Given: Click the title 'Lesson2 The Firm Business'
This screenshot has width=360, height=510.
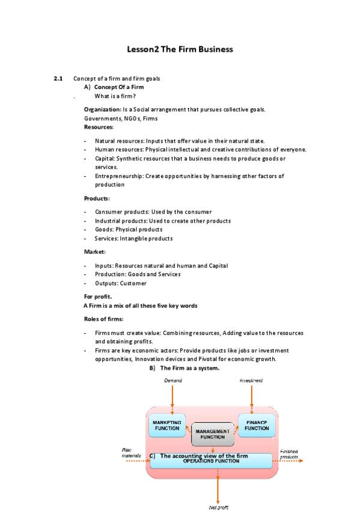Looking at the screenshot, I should (180, 49).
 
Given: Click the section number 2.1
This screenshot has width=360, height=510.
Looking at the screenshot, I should (58, 79).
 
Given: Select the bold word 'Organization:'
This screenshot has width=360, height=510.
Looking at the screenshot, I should (102, 109).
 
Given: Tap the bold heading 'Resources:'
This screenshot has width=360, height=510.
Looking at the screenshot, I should (99, 127).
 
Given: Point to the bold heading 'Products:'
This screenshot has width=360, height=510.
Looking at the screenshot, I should (97, 198).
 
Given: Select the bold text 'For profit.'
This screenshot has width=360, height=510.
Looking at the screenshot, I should (97, 296).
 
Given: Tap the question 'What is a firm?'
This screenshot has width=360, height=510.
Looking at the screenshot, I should (115, 96).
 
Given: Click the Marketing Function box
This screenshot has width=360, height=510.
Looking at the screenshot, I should (167, 426).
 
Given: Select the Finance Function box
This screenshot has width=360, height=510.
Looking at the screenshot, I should (257, 425).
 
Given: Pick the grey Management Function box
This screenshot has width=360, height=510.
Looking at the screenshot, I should (212, 434).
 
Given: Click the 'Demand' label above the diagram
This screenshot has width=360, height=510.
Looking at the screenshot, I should (173, 381).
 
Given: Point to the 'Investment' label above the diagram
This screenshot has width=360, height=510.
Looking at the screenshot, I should (251, 381).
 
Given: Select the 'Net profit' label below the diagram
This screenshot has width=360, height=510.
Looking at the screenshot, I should (218, 506).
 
